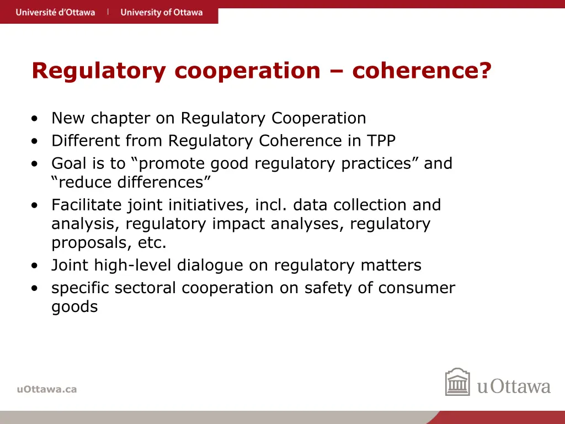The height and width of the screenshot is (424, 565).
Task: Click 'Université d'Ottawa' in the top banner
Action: tap(55, 12)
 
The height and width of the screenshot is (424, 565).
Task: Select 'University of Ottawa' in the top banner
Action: tap(162, 12)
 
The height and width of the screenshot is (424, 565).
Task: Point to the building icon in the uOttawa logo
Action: tap(457, 382)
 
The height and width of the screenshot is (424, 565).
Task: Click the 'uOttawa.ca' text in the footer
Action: tap(47, 389)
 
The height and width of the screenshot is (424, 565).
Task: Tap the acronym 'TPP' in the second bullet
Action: tap(381, 141)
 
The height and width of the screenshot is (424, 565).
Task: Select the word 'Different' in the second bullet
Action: tap(86, 141)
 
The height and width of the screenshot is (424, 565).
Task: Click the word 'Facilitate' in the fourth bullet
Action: tap(87, 205)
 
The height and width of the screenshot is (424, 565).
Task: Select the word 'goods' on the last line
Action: tap(74, 307)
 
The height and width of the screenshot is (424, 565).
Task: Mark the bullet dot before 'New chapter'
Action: tap(35, 119)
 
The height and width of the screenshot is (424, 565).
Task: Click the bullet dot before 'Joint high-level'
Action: tap(35, 266)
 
